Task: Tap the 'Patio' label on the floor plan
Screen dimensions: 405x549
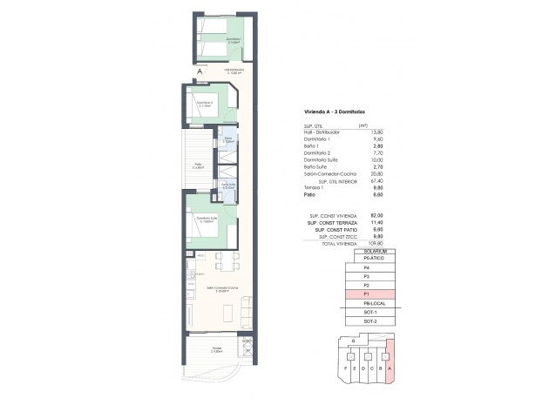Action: click(x=197, y=164)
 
